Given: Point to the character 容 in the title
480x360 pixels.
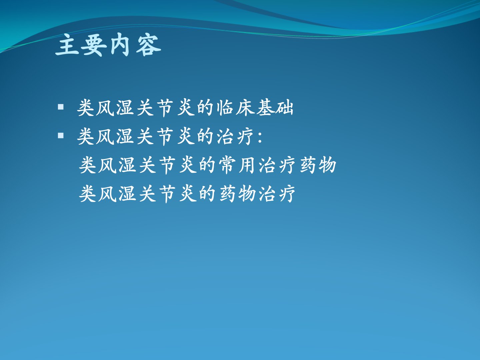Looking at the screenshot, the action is tap(148, 45).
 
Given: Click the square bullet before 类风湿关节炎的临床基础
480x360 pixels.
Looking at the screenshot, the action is tap(61, 107).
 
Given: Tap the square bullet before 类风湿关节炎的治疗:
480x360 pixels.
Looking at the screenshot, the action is tap(61, 136).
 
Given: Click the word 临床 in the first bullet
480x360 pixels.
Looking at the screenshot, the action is tap(236, 108).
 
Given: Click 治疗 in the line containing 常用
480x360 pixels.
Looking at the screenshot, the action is tap(277, 165).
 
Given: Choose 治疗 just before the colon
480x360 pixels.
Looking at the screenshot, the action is tap(235, 136).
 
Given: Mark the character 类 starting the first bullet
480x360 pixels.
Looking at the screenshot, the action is tap(86, 108).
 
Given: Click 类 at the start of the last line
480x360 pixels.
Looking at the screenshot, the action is tap(88, 194).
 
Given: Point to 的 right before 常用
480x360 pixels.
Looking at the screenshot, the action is tap(208, 165).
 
